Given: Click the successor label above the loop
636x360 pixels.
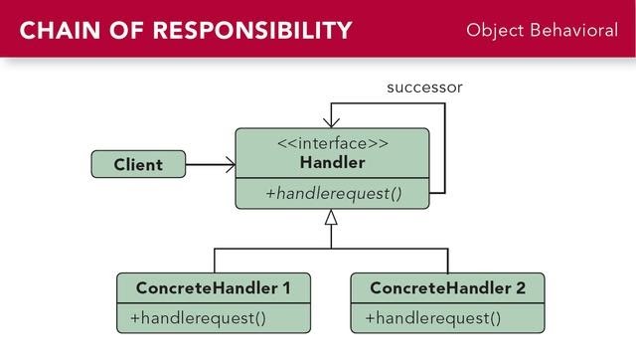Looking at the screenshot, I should pyautogui.click(x=424, y=88).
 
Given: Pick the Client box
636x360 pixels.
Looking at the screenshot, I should pyautogui.click(x=138, y=164).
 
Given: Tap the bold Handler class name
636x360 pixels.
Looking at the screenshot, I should pyautogui.click(x=332, y=162).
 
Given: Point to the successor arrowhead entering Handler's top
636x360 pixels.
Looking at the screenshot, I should pyautogui.click(x=332, y=120).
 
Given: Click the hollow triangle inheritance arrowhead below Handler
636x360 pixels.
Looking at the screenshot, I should pyautogui.click(x=332, y=216).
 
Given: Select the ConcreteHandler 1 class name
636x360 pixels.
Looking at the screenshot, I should pyautogui.click(x=213, y=288).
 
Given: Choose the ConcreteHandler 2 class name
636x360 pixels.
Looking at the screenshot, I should pyautogui.click(x=447, y=288).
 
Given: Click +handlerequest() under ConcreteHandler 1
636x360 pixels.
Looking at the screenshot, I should pyautogui.click(x=199, y=318).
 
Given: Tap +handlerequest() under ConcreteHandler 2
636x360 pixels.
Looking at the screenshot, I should pyautogui.click(x=432, y=318).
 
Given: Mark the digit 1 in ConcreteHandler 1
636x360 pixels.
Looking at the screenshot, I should pyautogui.click(x=285, y=288).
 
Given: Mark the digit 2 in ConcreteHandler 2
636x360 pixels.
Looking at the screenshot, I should pyautogui.click(x=520, y=288).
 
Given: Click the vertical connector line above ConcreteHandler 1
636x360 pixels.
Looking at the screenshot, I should pyautogui.click(x=214, y=261).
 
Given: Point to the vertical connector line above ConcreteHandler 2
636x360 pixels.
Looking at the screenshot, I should pyautogui.click(x=448, y=261).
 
